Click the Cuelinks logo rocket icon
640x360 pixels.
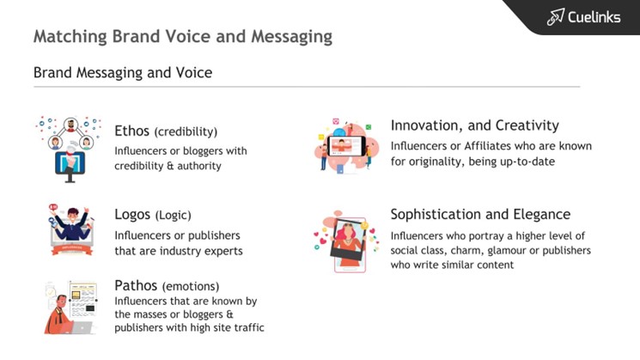pos(556,16)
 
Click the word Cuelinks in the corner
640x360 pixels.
pos(594,17)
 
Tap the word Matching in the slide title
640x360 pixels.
pos(70,36)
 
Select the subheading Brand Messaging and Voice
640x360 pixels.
pos(123,72)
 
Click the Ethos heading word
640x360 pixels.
pos(131,131)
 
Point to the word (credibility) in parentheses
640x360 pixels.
pos(186,131)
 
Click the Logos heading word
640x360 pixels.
pos(132,214)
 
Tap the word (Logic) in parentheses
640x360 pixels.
pos(173,215)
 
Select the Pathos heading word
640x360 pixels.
pos(136,285)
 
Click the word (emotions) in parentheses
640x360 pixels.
pos(191,286)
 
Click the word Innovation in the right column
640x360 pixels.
pos(427,125)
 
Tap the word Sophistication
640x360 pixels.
pos(436,214)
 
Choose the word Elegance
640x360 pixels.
pos(542,214)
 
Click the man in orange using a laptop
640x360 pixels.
pos(60,315)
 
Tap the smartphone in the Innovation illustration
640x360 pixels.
pos(346,146)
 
